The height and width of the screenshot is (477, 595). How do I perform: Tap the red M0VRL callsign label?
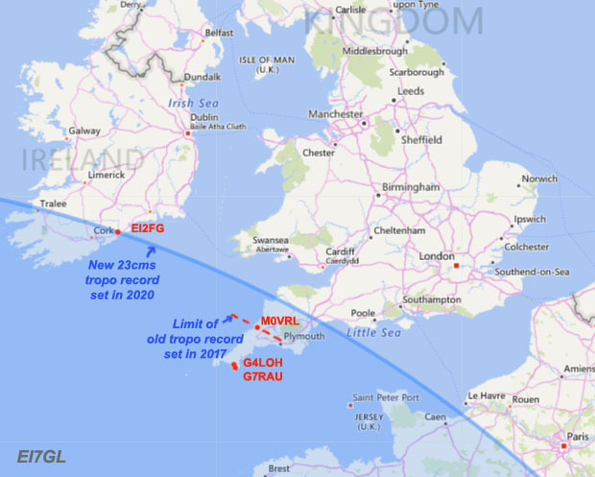(280, 322)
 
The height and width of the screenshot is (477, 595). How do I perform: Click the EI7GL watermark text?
(41, 457)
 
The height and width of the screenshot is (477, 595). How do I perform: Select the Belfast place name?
(220, 32)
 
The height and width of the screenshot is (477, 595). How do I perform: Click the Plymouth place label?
(306, 338)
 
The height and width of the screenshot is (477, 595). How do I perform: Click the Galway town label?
(85, 131)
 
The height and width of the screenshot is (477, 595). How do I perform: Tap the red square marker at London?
(458, 265)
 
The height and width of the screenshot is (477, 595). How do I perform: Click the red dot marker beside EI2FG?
(117, 231)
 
